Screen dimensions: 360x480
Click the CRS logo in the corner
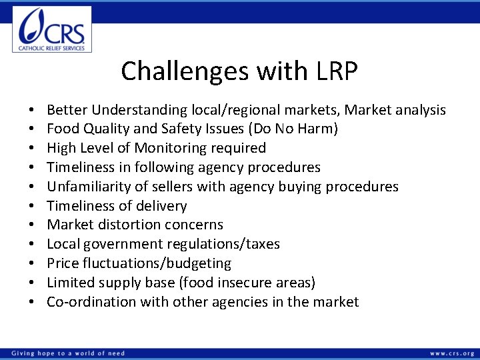52,29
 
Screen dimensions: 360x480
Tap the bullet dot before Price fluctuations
31,264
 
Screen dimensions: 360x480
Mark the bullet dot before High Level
31,149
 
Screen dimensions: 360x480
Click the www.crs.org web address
451,353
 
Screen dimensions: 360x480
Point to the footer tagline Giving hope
67,353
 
